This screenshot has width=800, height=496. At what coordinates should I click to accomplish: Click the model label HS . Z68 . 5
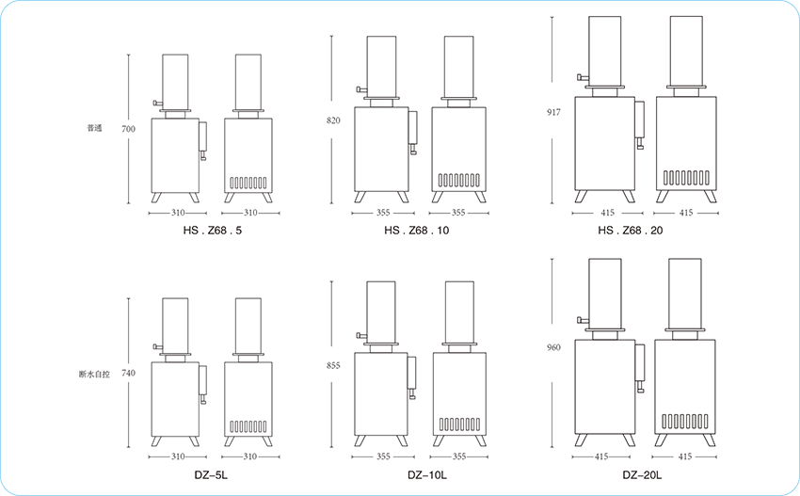click(213, 231)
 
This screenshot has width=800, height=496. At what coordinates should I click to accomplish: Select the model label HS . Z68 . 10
click(416, 231)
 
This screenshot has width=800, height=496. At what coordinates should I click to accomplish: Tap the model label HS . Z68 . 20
click(630, 231)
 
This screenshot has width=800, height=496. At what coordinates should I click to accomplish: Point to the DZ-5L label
click(211, 475)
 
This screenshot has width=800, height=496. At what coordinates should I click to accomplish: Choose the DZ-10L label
click(427, 475)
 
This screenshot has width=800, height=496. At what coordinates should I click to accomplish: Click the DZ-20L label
click(642, 475)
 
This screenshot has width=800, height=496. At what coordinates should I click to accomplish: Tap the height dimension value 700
click(129, 129)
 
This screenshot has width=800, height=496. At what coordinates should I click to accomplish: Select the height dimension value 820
click(333, 120)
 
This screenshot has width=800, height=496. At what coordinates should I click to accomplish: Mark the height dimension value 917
click(553, 112)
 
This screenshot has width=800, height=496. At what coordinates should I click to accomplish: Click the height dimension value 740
click(129, 373)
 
